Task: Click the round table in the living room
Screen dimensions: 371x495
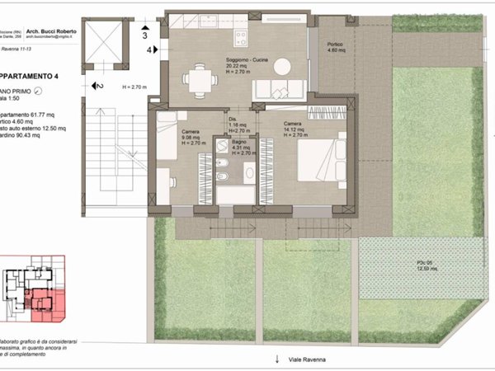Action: click(282, 66)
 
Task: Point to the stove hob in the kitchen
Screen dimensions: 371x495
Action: click(242, 37)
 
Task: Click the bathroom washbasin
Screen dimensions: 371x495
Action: click(248, 172)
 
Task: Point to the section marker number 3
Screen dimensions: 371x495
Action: click(144, 36)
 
